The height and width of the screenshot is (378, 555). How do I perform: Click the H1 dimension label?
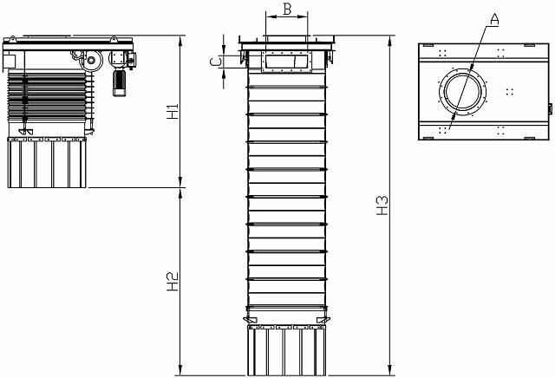click(x=173, y=111)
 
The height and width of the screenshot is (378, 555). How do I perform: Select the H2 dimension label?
click(x=173, y=282)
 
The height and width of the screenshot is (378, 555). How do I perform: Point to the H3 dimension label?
click(x=382, y=205)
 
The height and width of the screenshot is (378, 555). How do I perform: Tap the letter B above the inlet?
click(x=287, y=10)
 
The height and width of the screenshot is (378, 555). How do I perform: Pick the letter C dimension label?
click(x=216, y=62)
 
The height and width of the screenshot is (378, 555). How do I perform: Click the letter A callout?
click(x=494, y=19)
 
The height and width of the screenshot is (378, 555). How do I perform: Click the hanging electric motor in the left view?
click(x=120, y=83)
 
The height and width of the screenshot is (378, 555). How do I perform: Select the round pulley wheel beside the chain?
click(x=91, y=61)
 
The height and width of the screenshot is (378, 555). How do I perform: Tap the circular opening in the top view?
click(x=462, y=92)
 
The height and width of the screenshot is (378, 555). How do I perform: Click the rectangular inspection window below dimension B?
click(x=287, y=62)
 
